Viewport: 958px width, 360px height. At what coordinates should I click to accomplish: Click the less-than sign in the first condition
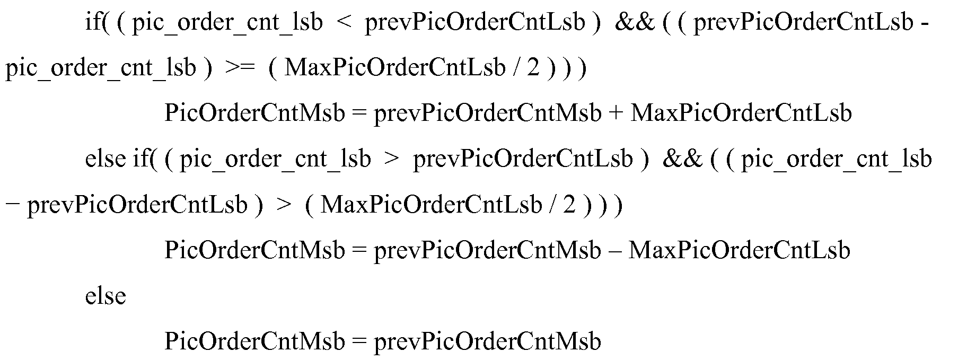[x=344, y=23]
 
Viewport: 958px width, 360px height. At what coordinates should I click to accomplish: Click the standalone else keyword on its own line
[x=106, y=296]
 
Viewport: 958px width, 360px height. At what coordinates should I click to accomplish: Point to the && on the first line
[x=635, y=23]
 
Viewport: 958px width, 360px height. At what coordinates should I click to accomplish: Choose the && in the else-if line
[x=682, y=160]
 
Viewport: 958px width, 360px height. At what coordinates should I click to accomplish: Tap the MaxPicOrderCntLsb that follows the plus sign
[x=741, y=113]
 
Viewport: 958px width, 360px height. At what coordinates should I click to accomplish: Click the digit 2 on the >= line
[x=532, y=69]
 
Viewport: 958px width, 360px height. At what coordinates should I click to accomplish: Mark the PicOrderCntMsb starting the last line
[x=254, y=341]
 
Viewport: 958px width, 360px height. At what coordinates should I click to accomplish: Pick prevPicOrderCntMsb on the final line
[x=487, y=341]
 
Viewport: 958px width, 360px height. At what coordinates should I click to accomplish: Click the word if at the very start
[x=93, y=23]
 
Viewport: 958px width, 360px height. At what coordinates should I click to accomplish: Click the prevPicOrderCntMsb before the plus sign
[x=487, y=114]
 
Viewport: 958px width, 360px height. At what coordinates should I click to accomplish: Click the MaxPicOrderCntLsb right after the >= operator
[x=394, y=68]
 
